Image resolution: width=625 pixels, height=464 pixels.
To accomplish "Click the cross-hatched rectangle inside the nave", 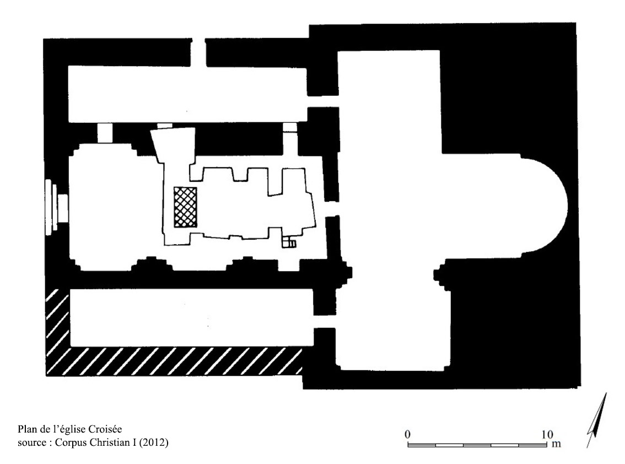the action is (185, 207).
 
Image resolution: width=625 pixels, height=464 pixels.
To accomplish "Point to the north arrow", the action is (597, 420).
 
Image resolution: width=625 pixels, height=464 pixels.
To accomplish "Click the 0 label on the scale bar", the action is (407, 434).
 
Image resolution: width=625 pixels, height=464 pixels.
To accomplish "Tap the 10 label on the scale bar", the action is (548, 434).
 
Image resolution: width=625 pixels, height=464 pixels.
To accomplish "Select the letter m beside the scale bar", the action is (557, 444).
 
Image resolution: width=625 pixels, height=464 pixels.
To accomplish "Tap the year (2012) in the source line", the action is (153, 443).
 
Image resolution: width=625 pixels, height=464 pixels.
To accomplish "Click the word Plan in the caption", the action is (26, 429).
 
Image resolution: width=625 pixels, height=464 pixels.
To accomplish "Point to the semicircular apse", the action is (543, 206).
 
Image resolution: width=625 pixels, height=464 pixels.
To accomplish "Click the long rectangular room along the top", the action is (188, 94).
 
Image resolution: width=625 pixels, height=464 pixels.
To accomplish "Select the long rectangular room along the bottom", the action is (192, 317).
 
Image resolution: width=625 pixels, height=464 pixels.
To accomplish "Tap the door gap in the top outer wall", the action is (199, 52).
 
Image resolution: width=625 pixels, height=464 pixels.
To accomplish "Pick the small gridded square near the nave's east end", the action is (289, 242).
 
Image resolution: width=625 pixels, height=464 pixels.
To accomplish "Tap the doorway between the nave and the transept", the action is (332, 208).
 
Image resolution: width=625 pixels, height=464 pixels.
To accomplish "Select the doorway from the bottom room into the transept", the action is (325, 322).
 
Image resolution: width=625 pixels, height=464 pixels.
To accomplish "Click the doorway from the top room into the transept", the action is (323, 101).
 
